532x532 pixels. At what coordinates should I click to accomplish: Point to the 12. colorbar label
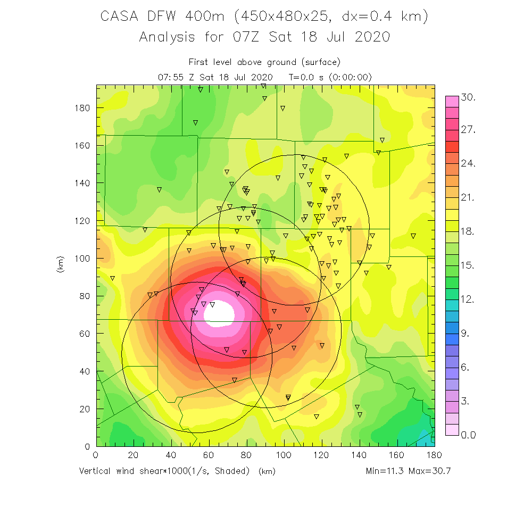click(x=468, y=300)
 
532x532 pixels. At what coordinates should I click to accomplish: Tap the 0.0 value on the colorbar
click(x=468, y=435)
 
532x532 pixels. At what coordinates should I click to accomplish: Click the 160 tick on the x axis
click(x=397, y=455)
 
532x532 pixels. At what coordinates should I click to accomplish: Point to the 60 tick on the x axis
click(x=209, y=455)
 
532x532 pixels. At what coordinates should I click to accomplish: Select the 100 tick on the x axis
click(x=284, y=455)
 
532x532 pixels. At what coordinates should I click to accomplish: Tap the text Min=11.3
click(x=385, y=471)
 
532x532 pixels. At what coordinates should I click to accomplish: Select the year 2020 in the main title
click(x=371, y=37)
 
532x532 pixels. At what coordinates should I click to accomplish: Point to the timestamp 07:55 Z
click(x=178, y=77)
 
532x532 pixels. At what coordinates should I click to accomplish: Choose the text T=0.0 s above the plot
click(x=306, y=77)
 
